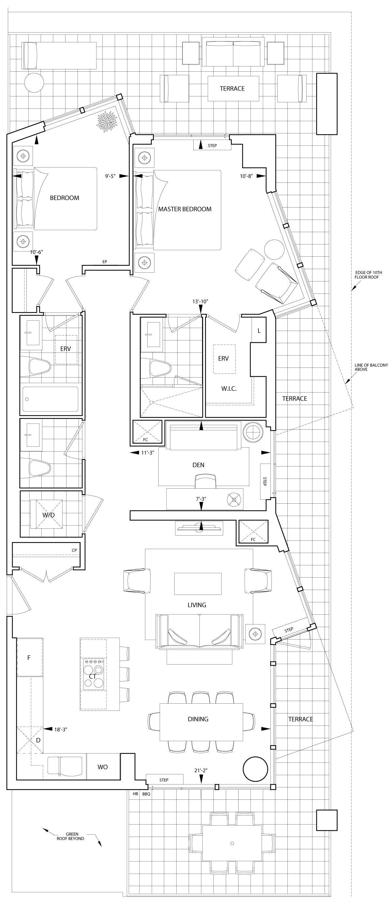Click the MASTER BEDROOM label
click(185, 209)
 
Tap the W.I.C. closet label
click(229, 389)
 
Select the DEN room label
click(198, 465)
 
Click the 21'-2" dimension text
click(201, 770)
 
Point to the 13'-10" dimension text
click(200, 301)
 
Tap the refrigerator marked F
click(30, 657)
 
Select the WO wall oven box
click(103, 767)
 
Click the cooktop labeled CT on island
click(93, 676)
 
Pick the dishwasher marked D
click(30, 740)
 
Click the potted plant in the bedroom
click(107, 122)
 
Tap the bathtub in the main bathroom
click(50, 399)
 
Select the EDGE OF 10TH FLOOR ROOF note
click(368, 275)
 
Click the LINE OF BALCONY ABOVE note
click(371, 367)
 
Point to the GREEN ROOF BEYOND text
click(71, 836)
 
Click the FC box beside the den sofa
click(148, 432)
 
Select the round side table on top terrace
click(34, 82)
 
